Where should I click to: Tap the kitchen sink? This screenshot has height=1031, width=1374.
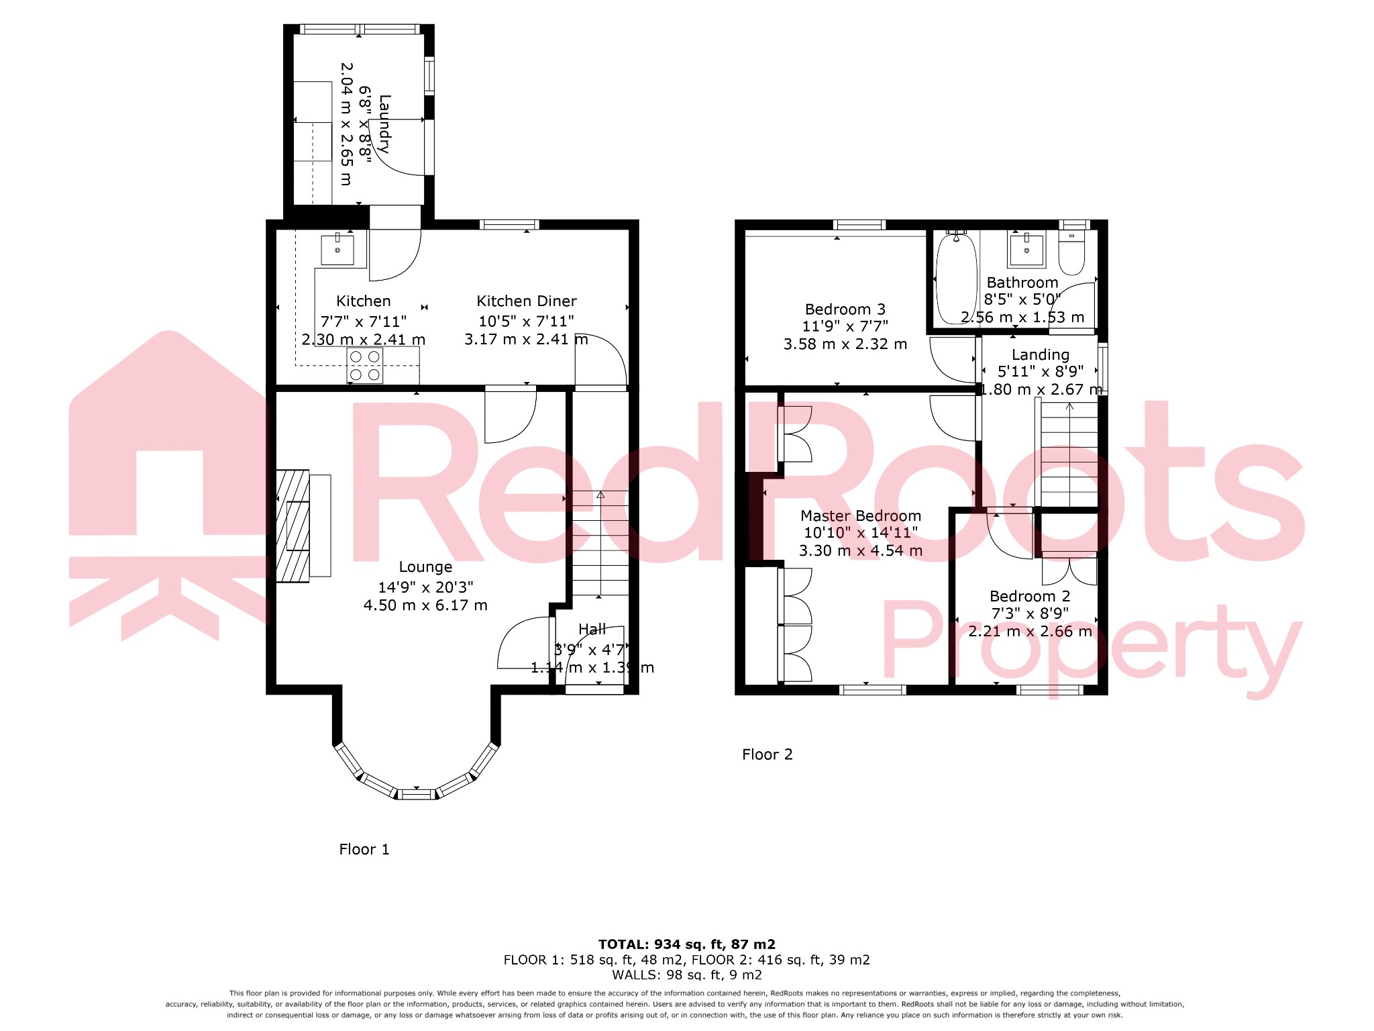click(x=337, y=250)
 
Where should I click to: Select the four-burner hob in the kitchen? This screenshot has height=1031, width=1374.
click(x=365, y=366)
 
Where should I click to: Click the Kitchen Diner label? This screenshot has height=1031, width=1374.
click(x=527, y=301)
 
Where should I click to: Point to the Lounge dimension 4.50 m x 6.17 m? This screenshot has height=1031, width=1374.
click(x=425, y=605)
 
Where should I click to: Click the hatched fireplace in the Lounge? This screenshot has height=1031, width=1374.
click(x=293, y=525)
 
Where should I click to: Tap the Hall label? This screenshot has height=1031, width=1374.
click(x=592, y=630)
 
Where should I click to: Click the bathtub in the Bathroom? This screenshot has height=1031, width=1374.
click(x=956, y=279)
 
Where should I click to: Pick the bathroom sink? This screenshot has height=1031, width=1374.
click(x=1026, y=250)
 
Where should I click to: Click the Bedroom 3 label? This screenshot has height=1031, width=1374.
click(x=845, y=309)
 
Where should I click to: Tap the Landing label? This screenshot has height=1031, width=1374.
click(x=1040, y=355)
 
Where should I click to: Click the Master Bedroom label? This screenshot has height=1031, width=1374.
click(x=861, y=516)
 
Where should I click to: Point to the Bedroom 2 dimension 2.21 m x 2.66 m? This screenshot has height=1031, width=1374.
click(x=1030, y=632)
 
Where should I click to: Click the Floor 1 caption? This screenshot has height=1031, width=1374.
click(x=364, y=850)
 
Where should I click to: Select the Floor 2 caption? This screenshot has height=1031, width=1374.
click(x=767, y=754)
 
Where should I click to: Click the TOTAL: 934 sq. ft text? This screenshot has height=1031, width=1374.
click(x=686, y=944)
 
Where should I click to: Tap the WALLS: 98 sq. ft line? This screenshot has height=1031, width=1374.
click(x=686, y=975)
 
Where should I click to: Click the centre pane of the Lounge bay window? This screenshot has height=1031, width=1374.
click(x=416, y=795)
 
